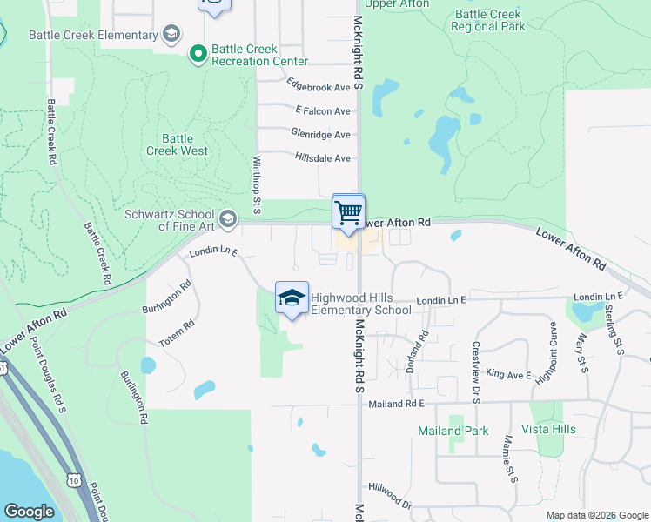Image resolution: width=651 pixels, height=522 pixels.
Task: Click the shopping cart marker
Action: click(x=348, y=211)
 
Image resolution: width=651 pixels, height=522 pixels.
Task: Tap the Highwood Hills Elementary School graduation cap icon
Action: click(x=292, y=298)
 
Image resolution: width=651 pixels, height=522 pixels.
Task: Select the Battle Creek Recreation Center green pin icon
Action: click(x=198, y=54)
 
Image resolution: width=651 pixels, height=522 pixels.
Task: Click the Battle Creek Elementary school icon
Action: click(x=171, y=36)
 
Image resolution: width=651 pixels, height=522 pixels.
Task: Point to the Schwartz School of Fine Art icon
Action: click(x=228, y=217)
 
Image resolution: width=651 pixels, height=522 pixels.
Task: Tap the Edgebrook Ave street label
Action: click(x=318, y=87)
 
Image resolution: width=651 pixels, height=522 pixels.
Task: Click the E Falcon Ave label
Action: click(x=323, y=110)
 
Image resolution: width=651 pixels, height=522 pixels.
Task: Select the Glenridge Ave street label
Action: click(x=321, y=134)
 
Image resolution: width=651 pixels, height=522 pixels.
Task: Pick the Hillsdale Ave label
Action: click(x=323, y=157)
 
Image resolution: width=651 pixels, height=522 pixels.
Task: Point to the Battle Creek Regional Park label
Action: click(x=488, y=21)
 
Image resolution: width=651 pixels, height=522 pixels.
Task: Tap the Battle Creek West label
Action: click(x=183, y=144)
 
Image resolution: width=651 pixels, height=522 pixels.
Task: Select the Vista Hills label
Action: click(x=548, y=429)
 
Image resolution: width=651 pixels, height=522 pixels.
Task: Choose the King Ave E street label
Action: click(x=509, y=373)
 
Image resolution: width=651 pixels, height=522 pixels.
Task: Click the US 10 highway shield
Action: click(x=74, y=479)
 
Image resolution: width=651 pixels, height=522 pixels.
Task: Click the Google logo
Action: click(x=30, y=511)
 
